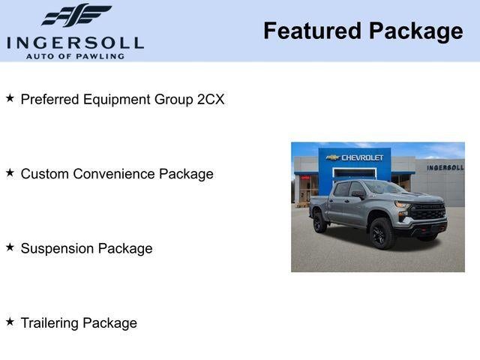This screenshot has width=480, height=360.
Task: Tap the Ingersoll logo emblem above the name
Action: point(76,15)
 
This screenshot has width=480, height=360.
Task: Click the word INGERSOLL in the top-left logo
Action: point(75,42)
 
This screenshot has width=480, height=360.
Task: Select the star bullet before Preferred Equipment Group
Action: point(10,98)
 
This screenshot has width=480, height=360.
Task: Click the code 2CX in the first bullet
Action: point(210,99)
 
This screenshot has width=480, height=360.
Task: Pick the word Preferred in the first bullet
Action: point(49,99)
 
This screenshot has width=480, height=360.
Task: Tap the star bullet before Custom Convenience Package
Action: point(10,172)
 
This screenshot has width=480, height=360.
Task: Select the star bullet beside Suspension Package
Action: point(10,247)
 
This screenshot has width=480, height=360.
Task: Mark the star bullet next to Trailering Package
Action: point(10,321)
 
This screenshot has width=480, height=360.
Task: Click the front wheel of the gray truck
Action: point(382,232)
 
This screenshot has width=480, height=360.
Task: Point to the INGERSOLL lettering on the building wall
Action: point(445,167)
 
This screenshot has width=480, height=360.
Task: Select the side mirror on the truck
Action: point(358,194)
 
